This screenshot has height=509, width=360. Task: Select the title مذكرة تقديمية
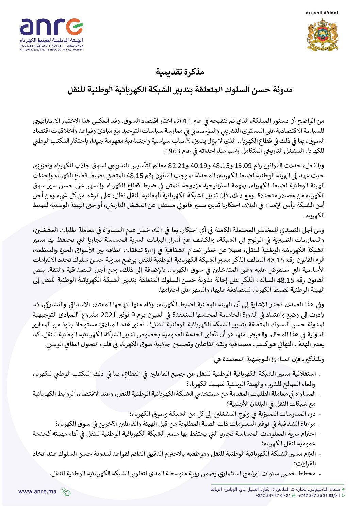[x=180, y=72]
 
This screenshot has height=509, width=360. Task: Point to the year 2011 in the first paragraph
[x=184, y=121]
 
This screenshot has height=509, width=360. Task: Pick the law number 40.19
[x=198, y=166]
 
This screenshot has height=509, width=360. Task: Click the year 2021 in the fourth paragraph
[x=109, y=315]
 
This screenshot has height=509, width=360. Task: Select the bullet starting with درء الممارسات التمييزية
[x=225, y=414]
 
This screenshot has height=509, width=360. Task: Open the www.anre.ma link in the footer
[x=37, y=491]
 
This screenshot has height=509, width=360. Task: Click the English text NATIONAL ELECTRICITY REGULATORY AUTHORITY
[x=51, y=50]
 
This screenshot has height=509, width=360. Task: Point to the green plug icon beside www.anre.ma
[x=65, y=492]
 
